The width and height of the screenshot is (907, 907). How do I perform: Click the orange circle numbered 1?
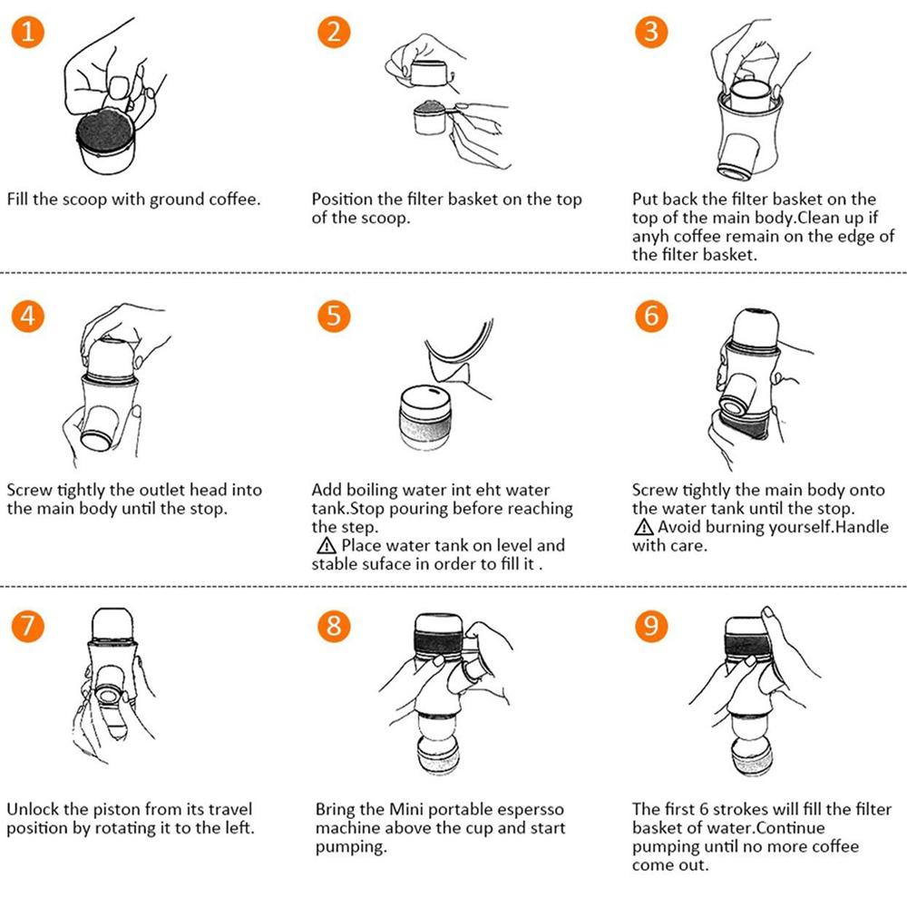coord(28,31)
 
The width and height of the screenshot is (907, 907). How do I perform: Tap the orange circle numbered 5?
coord(334,317)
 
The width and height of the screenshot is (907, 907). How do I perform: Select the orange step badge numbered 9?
coord(651,626)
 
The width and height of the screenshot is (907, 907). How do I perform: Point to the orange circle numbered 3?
coord(651,31)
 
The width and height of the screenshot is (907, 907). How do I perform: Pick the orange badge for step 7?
coord(28,626)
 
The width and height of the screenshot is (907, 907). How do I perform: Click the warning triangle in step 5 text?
coord(327,545)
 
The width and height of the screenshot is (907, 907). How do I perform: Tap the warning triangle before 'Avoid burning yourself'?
coord(643,527)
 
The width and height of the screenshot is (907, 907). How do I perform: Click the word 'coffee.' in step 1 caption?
coord(234,199)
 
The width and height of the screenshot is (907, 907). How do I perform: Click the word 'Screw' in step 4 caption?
coord(29,491)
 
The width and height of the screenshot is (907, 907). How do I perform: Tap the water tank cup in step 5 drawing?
coord(425,417)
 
